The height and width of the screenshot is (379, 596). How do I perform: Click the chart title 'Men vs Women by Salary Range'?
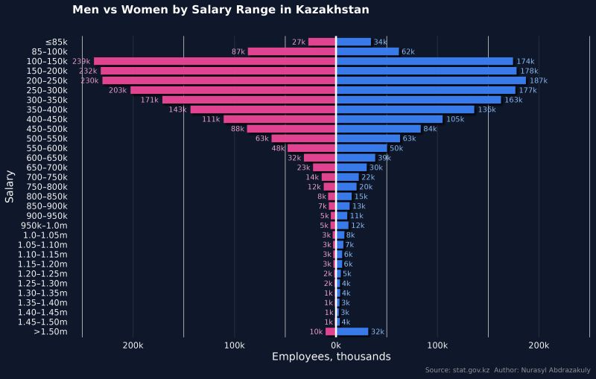[221, 10]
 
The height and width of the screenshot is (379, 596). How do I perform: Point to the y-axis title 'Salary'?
[10, 186]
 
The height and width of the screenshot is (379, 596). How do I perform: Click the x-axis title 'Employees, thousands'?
[331, 357]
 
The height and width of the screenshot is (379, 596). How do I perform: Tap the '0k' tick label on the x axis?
[336, 345]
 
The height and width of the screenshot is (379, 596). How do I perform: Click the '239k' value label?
[81, 61]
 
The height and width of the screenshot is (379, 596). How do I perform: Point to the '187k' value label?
[538, 80]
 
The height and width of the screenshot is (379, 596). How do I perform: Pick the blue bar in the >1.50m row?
[352, 332]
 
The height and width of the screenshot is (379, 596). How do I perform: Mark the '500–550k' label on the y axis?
[46, 138]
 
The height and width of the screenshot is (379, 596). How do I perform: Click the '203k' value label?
[118, 90]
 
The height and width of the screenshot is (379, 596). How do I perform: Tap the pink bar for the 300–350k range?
[249, 100]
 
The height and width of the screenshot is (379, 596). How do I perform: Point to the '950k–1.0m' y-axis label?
[44, 226]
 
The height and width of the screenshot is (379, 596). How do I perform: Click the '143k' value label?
[177, 109]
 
